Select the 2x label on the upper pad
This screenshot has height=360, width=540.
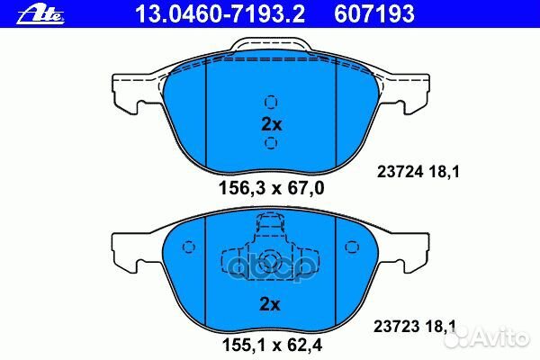(271, 124)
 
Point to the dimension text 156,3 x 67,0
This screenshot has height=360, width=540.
(271, 188)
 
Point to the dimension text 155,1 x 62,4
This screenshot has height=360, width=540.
(271, 343)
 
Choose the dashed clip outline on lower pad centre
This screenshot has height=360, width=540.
(271, 251)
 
